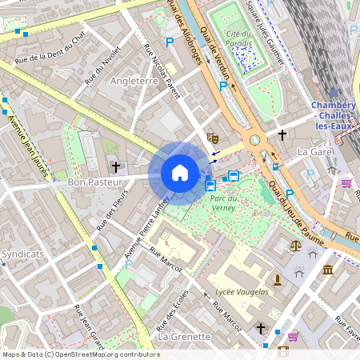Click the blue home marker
coord(180,173)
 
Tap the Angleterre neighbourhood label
coord(134,82)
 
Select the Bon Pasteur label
coord(93,182)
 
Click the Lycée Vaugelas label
coord(242,292)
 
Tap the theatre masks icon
coord(212,138)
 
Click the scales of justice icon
coord(298,247)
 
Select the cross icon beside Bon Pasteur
coord(116,166)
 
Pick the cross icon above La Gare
coord(282,134)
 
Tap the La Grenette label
coord(184,337)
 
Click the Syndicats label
coord(22,253)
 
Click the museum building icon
coord(328,270)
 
